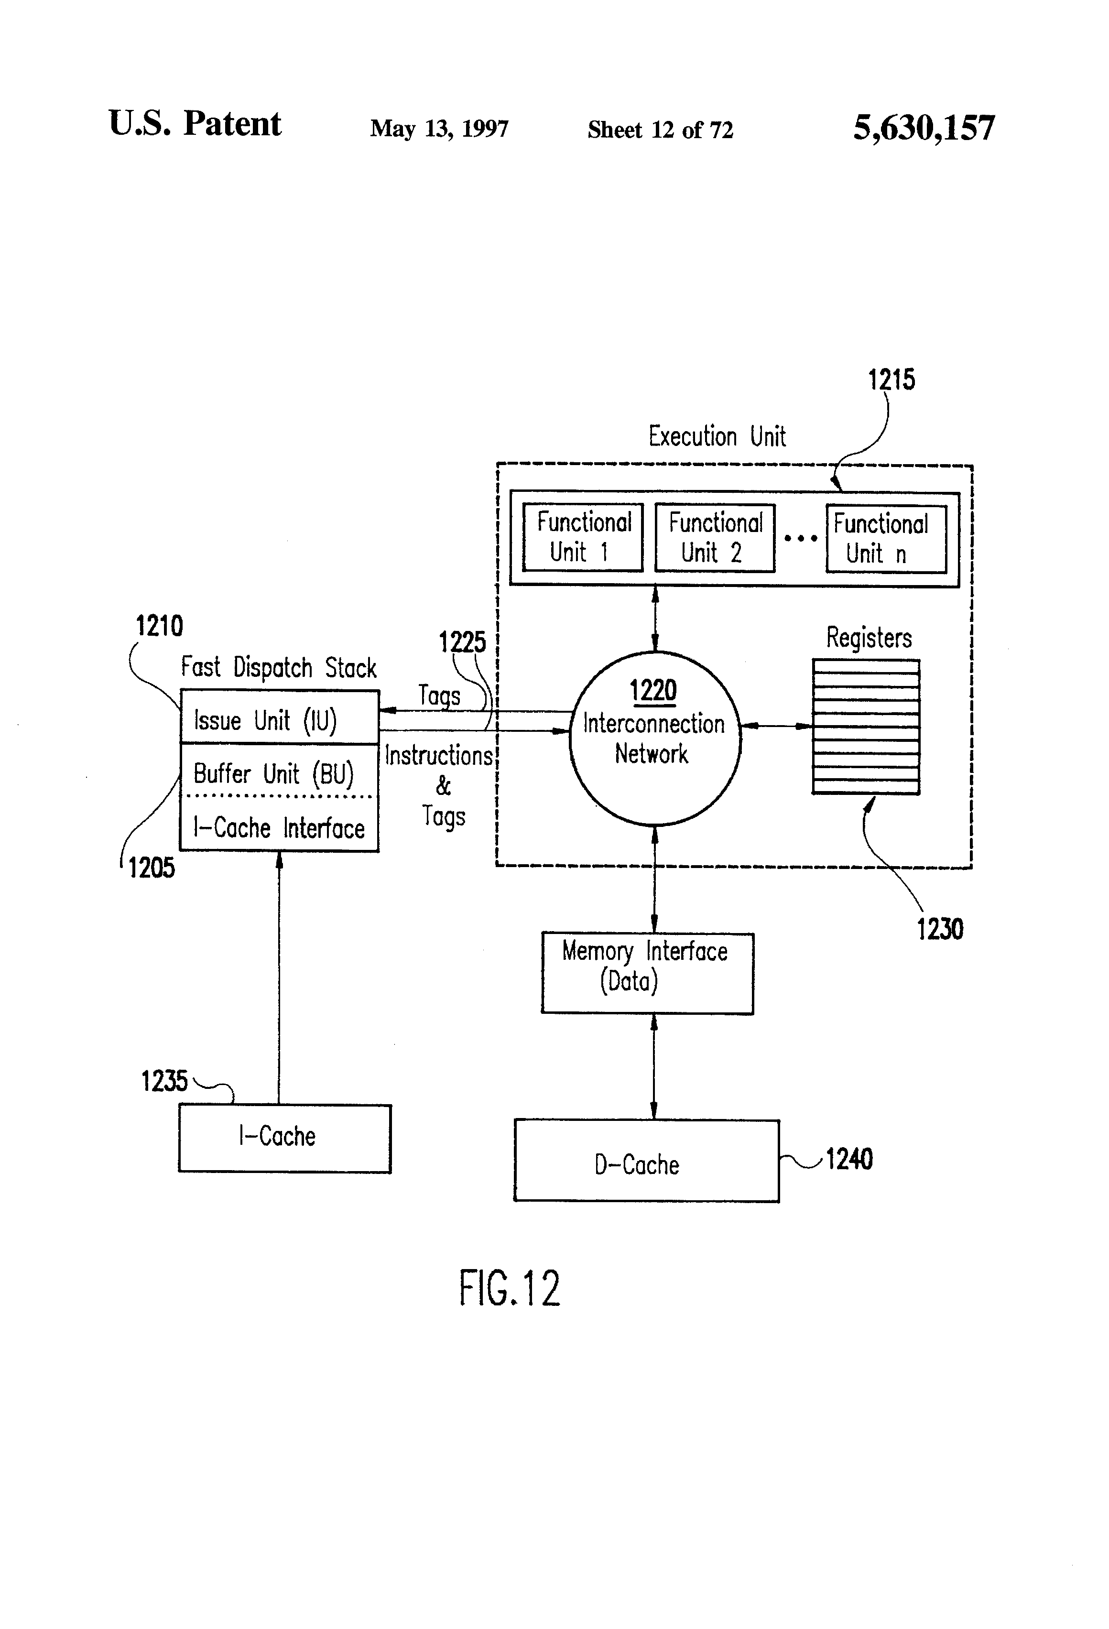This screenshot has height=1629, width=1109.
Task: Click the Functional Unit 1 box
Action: tap(583, 538)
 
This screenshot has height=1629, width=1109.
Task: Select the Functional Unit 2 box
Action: tap(714, 538)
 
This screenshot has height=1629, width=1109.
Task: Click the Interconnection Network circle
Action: tap(654, 738)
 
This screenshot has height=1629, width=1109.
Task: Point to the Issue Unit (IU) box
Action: tap(279, 718)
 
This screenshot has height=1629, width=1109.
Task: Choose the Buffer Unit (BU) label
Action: tap(273, 774)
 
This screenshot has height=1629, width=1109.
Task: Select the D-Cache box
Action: tap(646, 1164)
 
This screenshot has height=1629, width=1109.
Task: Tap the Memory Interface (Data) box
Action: tap(646, 972)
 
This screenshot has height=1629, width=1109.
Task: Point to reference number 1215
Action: tap(891, 380)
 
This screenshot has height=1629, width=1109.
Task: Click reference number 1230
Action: tap(939, 929)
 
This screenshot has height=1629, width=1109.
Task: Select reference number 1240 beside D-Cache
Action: tap(849, 1159)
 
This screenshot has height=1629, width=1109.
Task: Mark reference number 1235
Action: tap(164, 1081)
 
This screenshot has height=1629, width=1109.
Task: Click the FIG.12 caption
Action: tap(510, 1288)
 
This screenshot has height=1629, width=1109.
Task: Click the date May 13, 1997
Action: tap(439, 129)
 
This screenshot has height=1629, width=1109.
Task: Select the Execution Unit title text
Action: tap(717, 437)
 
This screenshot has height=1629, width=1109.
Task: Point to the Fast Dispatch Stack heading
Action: tap(278, 667)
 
